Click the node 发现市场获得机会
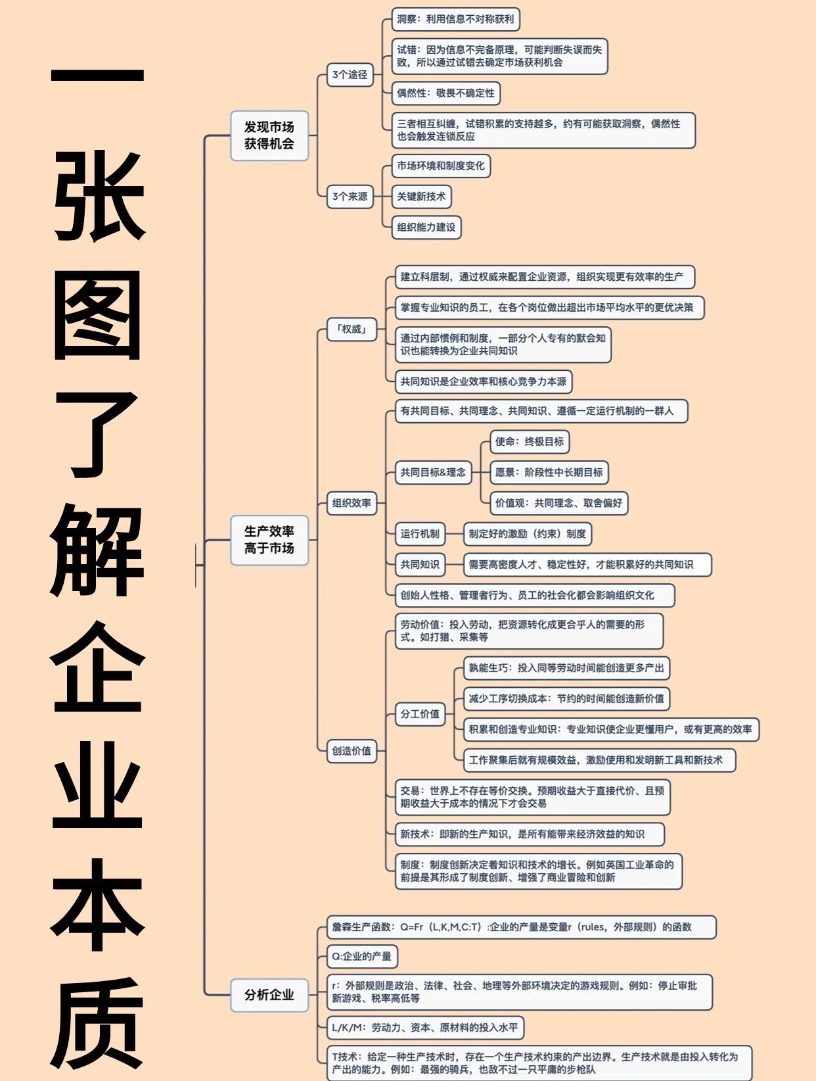click(x=269, y=135)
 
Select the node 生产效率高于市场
click(x=269, y=540)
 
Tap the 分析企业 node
click(x=269, y=995)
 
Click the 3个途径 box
click(x=350, y=75)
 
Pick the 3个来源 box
click(x=350, y=197)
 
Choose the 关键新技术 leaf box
click(x=421, y=197)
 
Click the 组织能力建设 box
click(x=426, y=227)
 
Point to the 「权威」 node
click(x=351, y=329)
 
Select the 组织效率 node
click(x=351, y=503)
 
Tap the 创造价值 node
click(x=351, y=751)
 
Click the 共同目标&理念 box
click(x=433, y=472)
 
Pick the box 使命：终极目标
click(x=530, y=442)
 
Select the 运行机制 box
click(x=420, y=534)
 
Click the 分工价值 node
click(x=420, y=714)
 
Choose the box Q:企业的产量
click(x=362, y=957)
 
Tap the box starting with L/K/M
click(x=425, y=1028)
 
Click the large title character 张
click(x=99, y=196)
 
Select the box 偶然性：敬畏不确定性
click(x=445, y=93)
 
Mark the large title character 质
click(x=97, y=1027)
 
